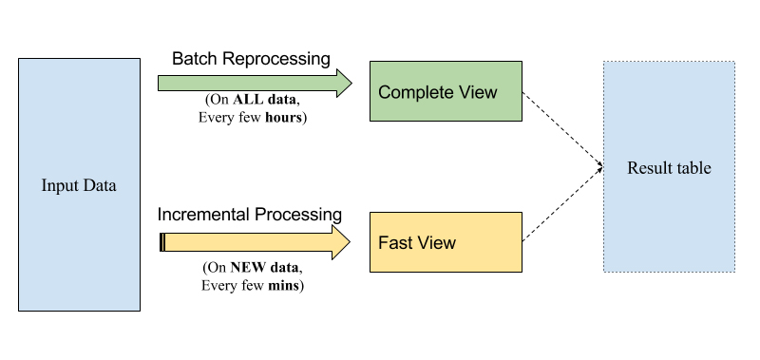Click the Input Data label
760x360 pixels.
click(x=79, y=185)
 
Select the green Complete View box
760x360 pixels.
click(x=446, y=92)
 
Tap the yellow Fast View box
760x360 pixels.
click(x=446, y=242)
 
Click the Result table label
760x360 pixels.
click(x=669, y=168)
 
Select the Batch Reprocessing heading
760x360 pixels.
click(x=251, y=59)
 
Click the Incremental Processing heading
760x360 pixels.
click(x=251, y=215)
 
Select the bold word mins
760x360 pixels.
click(x=285, y=285)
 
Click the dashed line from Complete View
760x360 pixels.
click(x=560, y=128)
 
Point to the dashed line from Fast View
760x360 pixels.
click(x=560, y=204)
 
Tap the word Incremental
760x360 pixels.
click(x=202, y=215)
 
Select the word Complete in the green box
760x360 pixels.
click(x=414, y=92)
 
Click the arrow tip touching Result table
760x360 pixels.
click(x=600, y=167)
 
